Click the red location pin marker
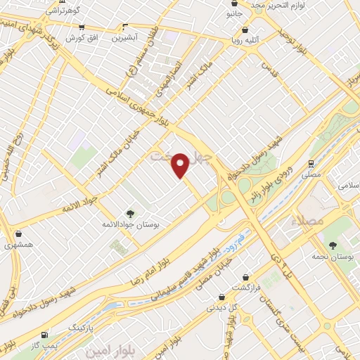181,165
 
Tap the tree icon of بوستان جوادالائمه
129,213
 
